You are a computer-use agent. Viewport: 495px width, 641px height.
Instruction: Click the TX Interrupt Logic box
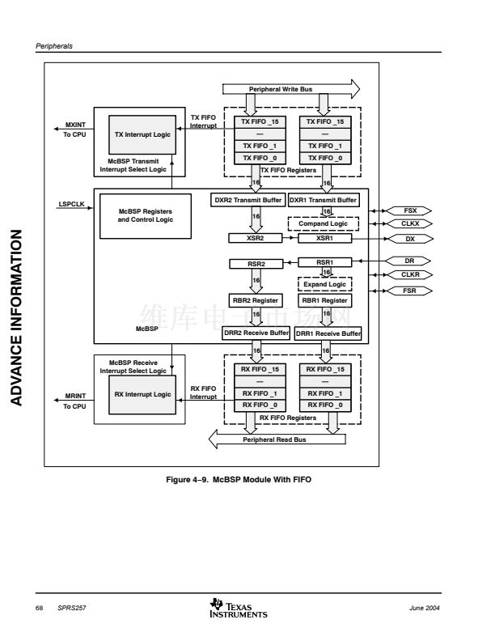coord(142,134)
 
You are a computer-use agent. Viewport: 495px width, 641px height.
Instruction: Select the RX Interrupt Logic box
coord(142,394)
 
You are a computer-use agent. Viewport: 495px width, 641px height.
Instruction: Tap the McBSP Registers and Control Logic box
coord(140,215)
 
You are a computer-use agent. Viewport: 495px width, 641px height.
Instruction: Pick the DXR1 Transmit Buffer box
coord(324,199)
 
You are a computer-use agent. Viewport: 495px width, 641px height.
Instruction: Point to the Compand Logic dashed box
coord(324,223)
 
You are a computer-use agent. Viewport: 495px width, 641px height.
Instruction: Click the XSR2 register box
coord(255,239)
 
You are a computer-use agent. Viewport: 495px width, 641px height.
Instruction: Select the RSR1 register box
coord(324,262)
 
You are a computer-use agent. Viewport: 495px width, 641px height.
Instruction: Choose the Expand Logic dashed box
coord(324,285)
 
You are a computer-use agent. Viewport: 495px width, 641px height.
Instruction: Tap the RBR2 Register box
coord(255,300)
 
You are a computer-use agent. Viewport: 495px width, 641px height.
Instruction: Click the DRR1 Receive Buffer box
coord(328,333)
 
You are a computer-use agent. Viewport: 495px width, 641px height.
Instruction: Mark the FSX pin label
coord(410,210)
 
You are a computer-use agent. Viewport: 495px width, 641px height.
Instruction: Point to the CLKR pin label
coord(410,275)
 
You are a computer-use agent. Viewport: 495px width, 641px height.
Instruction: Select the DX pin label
coord(410,239)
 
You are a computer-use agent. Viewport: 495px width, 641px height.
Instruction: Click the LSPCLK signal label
coord(72,204)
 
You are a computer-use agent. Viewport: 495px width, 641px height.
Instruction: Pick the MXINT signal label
coord(74,125)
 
